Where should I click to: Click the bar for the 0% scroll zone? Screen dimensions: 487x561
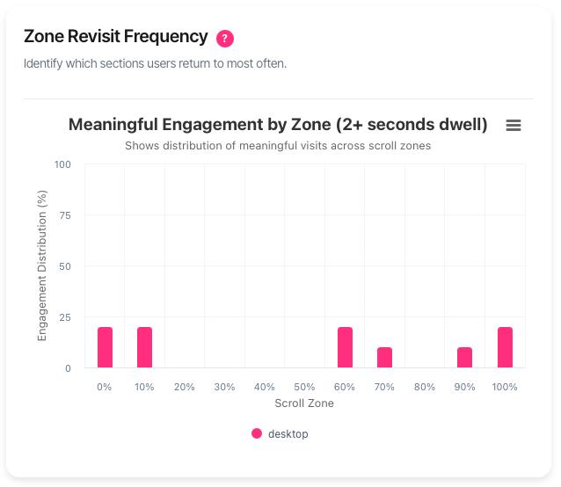(x=105, y=347)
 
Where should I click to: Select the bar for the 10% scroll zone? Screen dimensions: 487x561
(x=144, y=347)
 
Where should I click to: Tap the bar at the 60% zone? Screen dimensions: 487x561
(x=345, y=347)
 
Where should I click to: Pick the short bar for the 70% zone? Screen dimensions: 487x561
(x=384, y=358)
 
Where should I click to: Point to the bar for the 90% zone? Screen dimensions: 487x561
(x=464, y=358)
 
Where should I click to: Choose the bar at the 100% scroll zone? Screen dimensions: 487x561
(x=505, y=347)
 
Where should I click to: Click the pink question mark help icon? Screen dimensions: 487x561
(x=225, y=38)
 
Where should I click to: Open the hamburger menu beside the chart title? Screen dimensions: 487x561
(x=514, y=126)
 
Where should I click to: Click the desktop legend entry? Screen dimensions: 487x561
(x=280, y=433)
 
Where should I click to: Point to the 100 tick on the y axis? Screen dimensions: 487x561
(x=62, y=164)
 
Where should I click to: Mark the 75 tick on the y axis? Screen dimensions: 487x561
(x=65, y=215)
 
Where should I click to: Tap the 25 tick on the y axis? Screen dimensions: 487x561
(x=65, y=317)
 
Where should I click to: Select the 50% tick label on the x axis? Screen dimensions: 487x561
(x=304, y=387)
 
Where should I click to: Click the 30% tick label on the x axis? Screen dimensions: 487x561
(x=224, y=387)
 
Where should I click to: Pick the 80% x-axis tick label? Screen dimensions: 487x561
(x=425, y=387)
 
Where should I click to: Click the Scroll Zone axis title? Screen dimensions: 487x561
(x=304, y=403)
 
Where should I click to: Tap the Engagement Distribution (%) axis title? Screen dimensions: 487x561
(x=42, y=265)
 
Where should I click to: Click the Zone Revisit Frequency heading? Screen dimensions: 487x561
(x=116, y=37)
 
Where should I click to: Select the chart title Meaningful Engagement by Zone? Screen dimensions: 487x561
(x=278, y=125)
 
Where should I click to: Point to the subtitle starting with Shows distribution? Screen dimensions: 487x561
(x=278, y=145)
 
